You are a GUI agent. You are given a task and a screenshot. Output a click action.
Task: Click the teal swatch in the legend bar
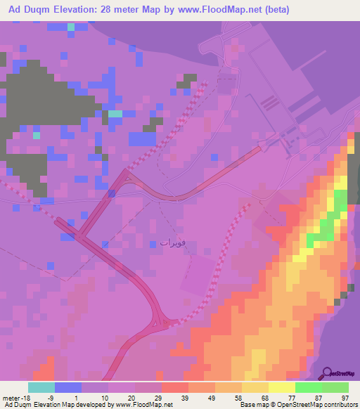click(x=41, y=387)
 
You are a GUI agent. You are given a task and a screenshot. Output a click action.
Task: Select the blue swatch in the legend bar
click(x=68, y=387)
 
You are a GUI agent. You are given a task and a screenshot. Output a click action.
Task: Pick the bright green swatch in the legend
click(x=308, y=387)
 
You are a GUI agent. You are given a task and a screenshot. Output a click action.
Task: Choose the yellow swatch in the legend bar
click(x=281, y=387)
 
